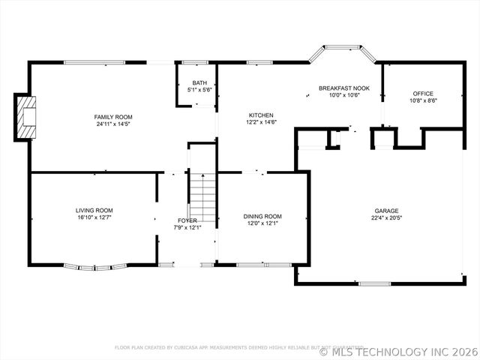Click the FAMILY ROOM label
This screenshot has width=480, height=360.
[112, 116]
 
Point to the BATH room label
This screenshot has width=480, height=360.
[199, 82]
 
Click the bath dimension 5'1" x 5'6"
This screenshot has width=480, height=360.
[199, 89]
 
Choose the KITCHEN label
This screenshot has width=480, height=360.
[261, 115]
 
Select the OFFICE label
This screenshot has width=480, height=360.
[423, 94]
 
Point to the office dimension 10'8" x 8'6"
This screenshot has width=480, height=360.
[423, 100]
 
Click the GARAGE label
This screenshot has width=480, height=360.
[387, 211]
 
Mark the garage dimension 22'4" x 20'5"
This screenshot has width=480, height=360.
[387, 218]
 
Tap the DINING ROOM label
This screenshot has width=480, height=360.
[262, 216]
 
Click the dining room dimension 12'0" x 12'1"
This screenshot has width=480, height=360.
[262, 223]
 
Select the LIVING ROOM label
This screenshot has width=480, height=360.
[94, 210]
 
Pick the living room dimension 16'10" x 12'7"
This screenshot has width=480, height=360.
[94, 217]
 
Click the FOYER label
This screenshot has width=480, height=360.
[187, 220]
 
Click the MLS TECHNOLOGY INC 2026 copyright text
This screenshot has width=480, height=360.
[399, 351]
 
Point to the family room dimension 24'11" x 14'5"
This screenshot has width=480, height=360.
[112, 124]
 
